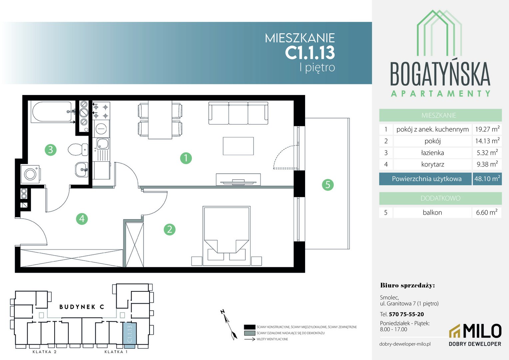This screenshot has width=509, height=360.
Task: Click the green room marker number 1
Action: point(186,158)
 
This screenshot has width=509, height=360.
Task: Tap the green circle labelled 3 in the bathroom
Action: point(50,150)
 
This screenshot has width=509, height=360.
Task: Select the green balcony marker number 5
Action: point(328,185)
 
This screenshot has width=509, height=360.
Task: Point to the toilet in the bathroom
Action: point(78,150)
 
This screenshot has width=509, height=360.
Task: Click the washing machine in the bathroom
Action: point(30,174)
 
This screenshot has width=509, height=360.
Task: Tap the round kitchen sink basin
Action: point(101,129)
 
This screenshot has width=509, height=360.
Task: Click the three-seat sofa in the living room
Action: point(239,113)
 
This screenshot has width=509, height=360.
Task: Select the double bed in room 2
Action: point(227,236)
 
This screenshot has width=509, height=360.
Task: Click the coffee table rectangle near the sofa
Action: point(238,146)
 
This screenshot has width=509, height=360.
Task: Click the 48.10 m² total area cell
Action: point(487,179)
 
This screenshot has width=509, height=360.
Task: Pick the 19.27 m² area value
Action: point(487,129)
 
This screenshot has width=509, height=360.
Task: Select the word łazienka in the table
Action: point(432,153)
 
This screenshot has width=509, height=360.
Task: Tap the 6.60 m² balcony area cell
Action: point(487,212)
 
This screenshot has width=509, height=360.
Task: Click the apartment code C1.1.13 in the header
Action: point(310,53)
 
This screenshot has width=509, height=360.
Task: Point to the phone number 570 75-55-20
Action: point(406,314)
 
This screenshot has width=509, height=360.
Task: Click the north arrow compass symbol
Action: point(229,325)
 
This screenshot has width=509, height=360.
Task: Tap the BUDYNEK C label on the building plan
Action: point(82,307)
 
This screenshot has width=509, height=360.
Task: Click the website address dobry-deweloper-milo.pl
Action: point(405,344)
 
